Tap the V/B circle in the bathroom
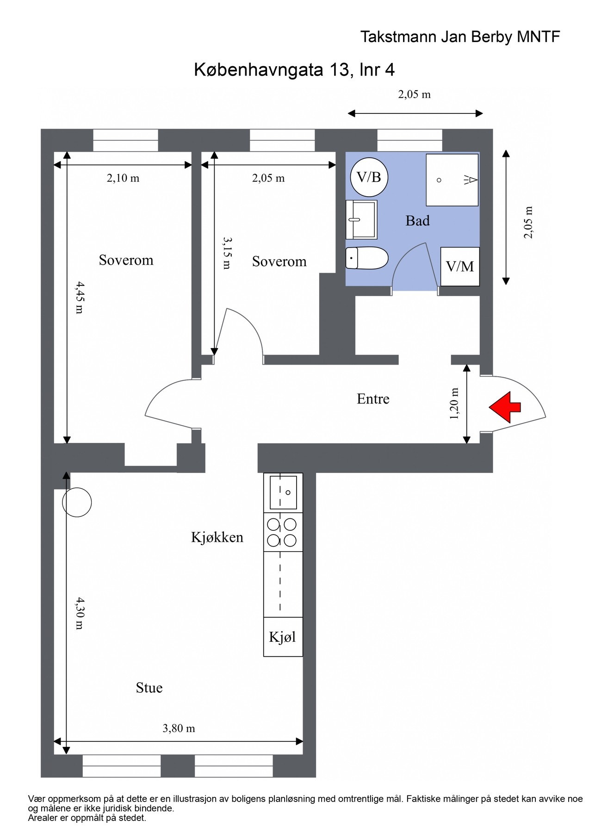click(369, 177)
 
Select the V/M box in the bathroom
click(459, 266)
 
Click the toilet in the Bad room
click(366, 258)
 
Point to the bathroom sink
click(361, 219)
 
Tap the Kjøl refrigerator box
click(283, 637)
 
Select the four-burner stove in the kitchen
click(283, 532)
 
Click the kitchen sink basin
click(283, 492)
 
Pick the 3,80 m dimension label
click(179, 728)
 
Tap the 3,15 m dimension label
click(227, 253)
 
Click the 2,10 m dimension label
click(123, 178)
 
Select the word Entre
click(373, 399)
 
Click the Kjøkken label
click(217, 537)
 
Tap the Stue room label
click(149, 688)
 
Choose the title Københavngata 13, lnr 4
click(294, 70)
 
